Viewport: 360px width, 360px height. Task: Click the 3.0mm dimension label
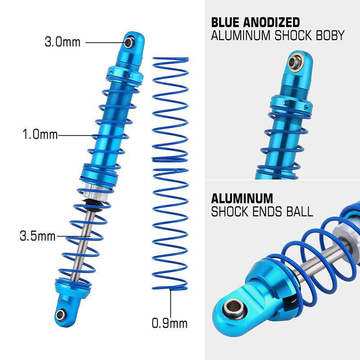(x=63, y=42)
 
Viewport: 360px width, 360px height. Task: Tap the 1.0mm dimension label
(x=40, y=135)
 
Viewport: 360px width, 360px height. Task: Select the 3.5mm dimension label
(x=37, y=235)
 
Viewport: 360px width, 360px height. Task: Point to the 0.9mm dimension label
(x=169, y=323)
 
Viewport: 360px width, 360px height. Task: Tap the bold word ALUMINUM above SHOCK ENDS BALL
(x=242, y=198)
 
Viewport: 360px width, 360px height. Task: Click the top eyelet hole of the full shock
(x=129, y=42)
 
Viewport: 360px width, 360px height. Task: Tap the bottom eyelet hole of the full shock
(x=60, y=314)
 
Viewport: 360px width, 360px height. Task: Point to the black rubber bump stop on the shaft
(x=93, y=206)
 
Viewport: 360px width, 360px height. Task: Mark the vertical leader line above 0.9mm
(x=170, y=304)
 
